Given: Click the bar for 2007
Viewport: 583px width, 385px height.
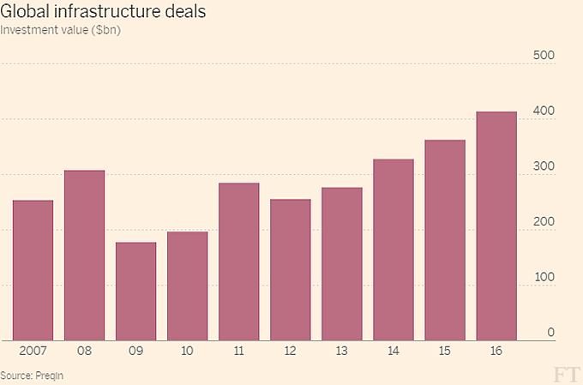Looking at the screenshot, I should tap(33, 270).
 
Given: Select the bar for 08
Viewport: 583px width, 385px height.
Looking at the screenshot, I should tap(84, 256).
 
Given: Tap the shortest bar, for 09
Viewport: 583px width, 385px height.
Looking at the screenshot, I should tap(135, 292).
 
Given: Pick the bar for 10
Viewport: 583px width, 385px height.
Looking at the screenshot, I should tap(187, 286).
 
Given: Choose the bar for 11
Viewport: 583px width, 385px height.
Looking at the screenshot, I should tap(238, 262).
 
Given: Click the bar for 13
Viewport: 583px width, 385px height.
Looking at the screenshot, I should tap(341, 264).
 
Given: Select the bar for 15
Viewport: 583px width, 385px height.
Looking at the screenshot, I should tap(444, 240).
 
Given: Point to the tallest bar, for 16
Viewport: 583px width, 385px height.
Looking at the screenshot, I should tap(496, 226).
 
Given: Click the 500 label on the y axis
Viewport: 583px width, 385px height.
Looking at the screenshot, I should tap(545, 56).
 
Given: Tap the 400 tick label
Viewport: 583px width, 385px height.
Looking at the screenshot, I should tap(545, 111).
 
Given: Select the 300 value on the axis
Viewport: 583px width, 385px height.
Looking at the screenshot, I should tap(545, 167).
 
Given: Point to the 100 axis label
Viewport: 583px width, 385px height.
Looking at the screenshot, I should tap(545, 278).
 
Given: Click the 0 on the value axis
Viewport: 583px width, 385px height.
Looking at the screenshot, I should tap(551, 333).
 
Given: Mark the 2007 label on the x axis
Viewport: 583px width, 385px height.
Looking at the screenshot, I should tap(33, 352).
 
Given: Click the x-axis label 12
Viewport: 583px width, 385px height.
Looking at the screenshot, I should tap(290, 352).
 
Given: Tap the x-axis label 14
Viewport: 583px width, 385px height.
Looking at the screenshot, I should tap(393, 352).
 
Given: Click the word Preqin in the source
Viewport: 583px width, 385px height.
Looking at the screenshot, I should tap(49, 375).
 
